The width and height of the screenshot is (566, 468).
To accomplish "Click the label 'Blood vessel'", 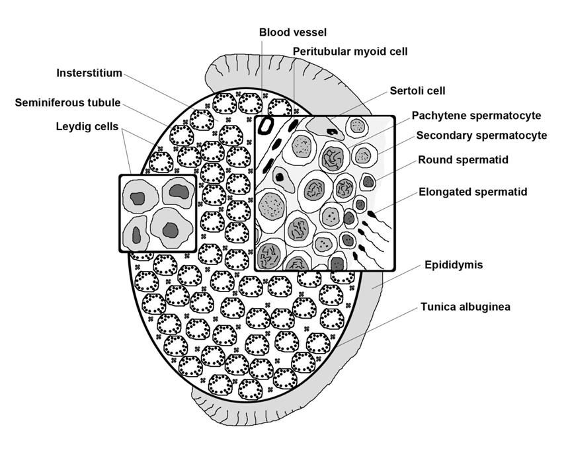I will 293,32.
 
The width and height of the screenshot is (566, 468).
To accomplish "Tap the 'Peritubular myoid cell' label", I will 350,51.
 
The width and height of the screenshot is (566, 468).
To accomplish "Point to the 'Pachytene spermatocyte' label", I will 476,116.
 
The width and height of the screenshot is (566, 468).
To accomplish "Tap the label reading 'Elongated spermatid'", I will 473,192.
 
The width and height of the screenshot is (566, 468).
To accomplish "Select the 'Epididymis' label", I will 454,265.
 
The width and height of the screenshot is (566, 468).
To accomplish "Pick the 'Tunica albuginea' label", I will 465,307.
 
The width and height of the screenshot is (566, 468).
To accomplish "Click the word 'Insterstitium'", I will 89,73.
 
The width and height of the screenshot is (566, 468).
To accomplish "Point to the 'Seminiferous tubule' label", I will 67,102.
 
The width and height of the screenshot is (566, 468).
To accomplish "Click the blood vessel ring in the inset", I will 266,125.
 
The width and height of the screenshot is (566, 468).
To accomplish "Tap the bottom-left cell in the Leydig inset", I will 136,233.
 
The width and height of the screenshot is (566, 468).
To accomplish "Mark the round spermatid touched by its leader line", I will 368,182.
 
